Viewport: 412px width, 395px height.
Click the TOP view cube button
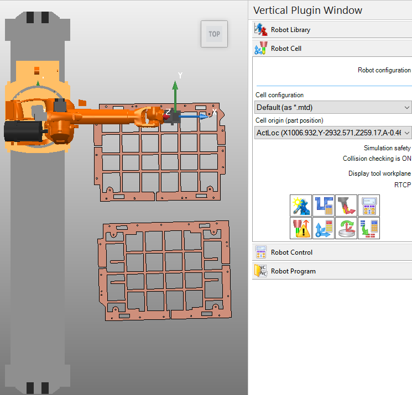click(x=214, y=34)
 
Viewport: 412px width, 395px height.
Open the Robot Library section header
click(x=290, y=30)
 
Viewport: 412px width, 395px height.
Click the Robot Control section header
click(x=291, y=252)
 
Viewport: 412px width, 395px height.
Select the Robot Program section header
click(x=293, y=271)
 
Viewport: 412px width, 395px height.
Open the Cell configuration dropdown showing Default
click(x=333, y=107)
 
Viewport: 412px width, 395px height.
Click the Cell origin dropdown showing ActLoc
click(x=333, y=133)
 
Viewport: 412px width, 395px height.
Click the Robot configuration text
click(x=384, y=70)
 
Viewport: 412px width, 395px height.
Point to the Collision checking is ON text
click(x=377, y=159)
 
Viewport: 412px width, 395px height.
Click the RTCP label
click(x=403, y=185)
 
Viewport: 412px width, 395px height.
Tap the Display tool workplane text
click(x=379, y=173)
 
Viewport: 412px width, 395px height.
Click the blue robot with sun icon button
click(x=301, y=206)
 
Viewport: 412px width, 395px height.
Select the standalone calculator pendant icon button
click(x=368, y=206)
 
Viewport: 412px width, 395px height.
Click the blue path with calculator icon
click(x=324, y=206)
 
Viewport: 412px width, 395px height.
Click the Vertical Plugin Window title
click(x=307, y=10)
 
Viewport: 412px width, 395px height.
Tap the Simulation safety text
click(x=387, y=148)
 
